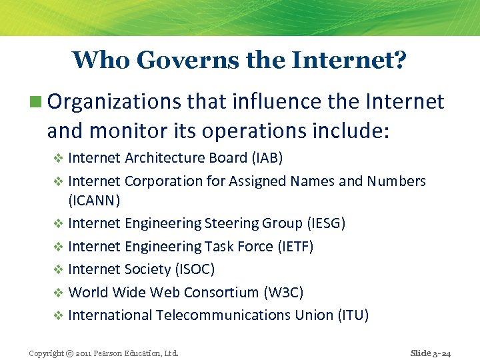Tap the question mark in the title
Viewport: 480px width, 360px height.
pos(400,60)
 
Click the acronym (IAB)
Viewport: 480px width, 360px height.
pos(267,158)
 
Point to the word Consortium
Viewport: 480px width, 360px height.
pos(221,292)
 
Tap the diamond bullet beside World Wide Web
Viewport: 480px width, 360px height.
pos(57,293)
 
